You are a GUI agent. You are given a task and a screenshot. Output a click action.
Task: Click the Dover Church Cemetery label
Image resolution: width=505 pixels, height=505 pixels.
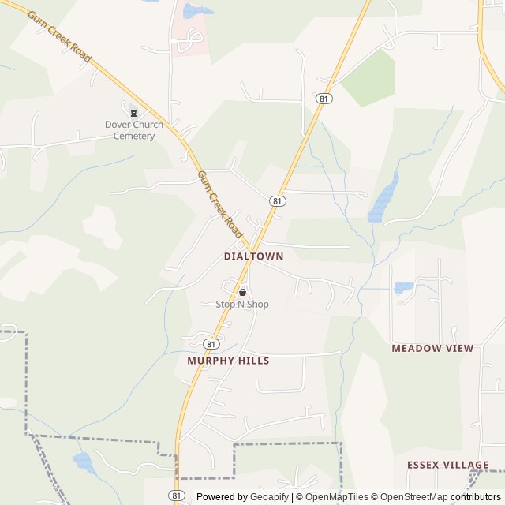pos(133,130)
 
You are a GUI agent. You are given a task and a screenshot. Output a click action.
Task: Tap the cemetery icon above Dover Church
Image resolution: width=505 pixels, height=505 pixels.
pos(133,112)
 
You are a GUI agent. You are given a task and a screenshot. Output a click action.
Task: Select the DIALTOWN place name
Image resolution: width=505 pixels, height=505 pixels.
pos(253,256)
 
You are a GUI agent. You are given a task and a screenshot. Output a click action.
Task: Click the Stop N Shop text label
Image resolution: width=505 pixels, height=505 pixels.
pos(242,305)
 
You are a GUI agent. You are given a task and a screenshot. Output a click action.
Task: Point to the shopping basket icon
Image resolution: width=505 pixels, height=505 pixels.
pos(242,292)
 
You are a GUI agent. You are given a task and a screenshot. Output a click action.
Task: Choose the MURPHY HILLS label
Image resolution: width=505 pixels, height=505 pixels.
pos(228,361)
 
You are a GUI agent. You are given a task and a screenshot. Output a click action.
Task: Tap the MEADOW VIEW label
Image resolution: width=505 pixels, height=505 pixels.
pos(432,348)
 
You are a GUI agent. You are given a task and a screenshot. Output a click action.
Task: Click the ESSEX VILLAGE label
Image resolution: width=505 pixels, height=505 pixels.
pos(448,465)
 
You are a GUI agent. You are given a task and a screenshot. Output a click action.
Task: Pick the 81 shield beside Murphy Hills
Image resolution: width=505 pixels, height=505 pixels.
pos(210,344)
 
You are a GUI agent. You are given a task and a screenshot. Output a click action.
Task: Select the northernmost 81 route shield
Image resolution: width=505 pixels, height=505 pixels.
pos(324,99)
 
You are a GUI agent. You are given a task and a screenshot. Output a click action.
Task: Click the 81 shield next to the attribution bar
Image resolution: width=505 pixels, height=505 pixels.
pos(178,496)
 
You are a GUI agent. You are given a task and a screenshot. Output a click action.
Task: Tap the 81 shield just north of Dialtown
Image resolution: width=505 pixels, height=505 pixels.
pos(277,201)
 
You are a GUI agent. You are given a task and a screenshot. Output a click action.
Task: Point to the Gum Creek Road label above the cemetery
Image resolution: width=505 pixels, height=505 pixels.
pos(59,37)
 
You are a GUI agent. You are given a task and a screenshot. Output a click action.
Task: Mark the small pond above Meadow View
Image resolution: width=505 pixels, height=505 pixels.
pos(403,287)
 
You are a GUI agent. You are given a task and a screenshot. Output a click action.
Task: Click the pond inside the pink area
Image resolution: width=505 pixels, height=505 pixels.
pos(196,11)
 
